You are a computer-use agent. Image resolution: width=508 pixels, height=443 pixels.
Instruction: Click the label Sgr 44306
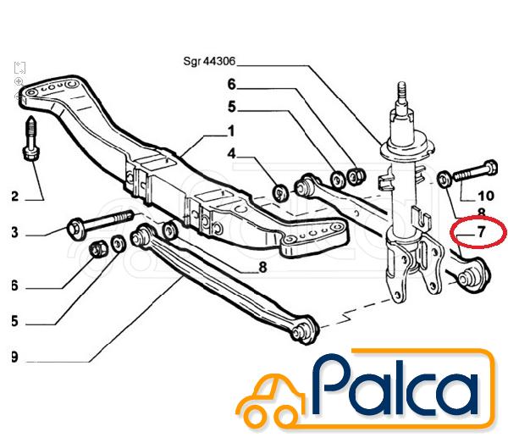point(209,61)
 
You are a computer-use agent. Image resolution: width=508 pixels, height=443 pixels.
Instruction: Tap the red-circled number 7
point(481,232)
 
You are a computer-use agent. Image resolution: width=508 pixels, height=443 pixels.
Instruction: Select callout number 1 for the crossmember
point(230,131)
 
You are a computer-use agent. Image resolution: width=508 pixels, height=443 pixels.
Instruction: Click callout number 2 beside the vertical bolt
point(14,197)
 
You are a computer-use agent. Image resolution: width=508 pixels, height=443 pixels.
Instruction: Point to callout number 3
point(14,232)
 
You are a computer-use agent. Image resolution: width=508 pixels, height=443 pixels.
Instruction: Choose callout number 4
point(231,153)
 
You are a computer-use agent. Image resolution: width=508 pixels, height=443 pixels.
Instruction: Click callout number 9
point(14,357)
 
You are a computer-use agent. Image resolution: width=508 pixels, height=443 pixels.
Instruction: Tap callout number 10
point(486,196)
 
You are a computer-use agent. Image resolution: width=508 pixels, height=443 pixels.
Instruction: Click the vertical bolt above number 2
point(31,138)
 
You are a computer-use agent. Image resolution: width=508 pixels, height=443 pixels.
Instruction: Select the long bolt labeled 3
point(101,221)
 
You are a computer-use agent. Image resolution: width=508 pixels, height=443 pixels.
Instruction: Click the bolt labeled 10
point(476,171)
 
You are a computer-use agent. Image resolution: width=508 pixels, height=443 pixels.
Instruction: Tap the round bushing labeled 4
point(280,193)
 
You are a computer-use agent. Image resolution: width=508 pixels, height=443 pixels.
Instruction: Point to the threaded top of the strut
point(401,92)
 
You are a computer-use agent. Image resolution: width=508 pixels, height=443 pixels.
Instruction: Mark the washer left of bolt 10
point(444,180)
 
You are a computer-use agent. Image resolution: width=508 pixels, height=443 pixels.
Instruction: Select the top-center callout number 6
point(231,85)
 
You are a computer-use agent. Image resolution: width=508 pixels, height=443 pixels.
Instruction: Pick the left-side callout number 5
point(14,321)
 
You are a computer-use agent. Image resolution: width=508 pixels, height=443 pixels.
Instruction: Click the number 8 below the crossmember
point(262,268)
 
